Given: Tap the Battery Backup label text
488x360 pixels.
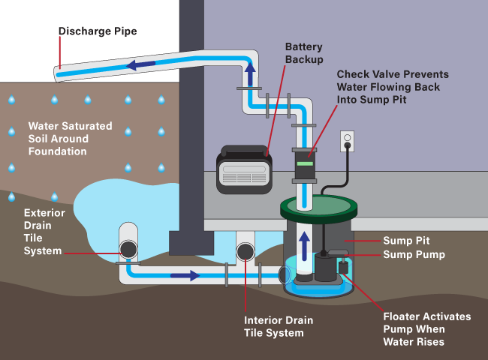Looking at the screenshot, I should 304,52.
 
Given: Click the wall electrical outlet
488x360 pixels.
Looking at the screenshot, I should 347,140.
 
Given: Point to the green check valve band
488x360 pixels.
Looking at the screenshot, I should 306,162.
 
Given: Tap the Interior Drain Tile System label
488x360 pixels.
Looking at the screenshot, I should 279,326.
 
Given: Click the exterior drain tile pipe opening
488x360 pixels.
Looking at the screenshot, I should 128,248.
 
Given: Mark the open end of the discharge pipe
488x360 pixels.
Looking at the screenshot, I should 59,74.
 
